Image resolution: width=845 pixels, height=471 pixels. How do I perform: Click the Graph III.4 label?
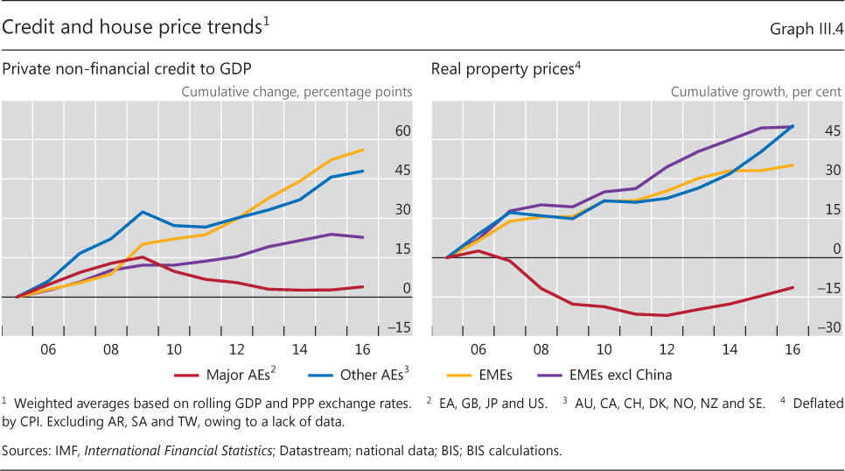pyautogui.click(x=806, y=30)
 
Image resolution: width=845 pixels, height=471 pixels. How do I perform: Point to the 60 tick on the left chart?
pyautogui.click(x=403, y=131)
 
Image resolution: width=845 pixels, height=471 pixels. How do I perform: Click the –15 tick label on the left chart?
pyautogui.click(x=402, y=328)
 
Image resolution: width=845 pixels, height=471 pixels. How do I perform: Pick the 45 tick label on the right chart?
pyautogui.click(x=833, y=131)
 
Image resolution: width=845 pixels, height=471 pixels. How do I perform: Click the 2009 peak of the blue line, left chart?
pyautogui.click(x=143, y=212)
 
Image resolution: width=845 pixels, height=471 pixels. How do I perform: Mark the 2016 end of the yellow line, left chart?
pyautogui.click(x=363, y=150)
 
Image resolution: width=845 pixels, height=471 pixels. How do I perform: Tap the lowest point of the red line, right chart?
pyautogui.click(x=667, y=315)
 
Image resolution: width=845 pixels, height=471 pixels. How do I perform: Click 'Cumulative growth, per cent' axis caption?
pyautogui.click(x=756, y=92)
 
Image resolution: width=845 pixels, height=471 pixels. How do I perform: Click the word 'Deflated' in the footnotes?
pyautogui.click(x=814, y=404)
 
